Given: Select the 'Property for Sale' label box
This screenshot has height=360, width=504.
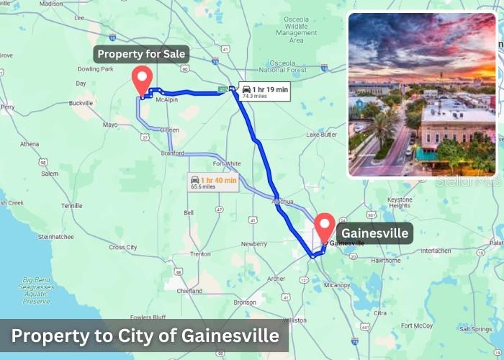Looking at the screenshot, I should pyautogui.click(x=141, y=54).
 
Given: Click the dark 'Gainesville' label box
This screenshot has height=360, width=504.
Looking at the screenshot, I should pyautogui.click(x=374, y=233).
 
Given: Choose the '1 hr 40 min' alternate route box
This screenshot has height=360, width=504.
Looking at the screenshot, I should pyautogui.click(x=213, y=182).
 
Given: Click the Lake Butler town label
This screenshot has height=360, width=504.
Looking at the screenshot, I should pyautogui.click(x=321, y=135).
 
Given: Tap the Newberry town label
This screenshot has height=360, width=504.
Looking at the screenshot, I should pyautogui.click(x=253, y=244).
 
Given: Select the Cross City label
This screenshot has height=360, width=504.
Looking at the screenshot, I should pyautogui.click(x=122, y=247).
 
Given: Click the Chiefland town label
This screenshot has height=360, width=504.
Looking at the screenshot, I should pyautogui.click(x=189, y=292).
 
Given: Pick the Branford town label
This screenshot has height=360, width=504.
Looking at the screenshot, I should pyautogui.click(x=173, y=153).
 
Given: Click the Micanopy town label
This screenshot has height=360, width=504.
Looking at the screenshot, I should pyautogui.click(x=337, y=285).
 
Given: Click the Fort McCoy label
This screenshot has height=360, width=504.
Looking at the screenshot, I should pyautogui.click(x=416, y=325).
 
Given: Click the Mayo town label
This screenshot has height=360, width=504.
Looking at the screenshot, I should pyautogui.click(x=109, y=125).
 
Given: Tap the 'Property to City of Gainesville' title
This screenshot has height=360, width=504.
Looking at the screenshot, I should pyautogui.click(x=145, y=336).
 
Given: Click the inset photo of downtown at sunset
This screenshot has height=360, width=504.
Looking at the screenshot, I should pyautogui.click(x=422, y=94).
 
